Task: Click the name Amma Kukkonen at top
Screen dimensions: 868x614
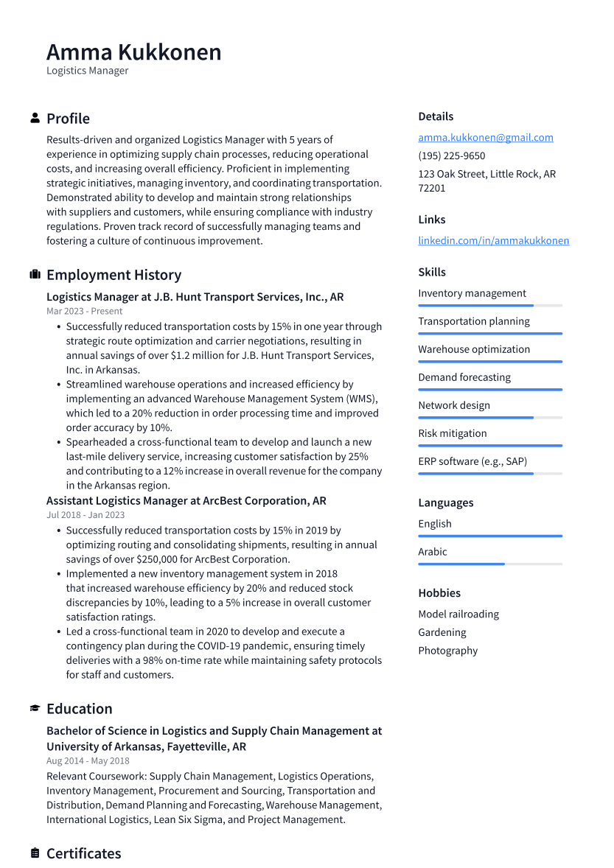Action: pyautogui.click(x=133, y=52)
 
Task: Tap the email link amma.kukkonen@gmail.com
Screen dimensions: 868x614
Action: pyautogui.click(x=485, y=138)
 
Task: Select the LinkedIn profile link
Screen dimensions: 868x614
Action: pyautogui.click(x=493, y=241)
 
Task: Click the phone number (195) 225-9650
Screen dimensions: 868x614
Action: pyautogui.click(x=451, y=156)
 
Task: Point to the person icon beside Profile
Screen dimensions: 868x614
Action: pyautogui.click(x=35, y=119)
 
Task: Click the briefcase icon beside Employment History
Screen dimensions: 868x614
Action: pyautogui.click(x=35, y=275)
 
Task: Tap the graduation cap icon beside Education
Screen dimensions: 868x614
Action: pyautogui.click(x=35, y=709)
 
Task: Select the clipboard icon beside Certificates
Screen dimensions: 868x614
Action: pyautogui.click(x=35, y=853)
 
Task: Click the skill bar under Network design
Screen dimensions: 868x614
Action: pyautogui.click(x=489, y=418)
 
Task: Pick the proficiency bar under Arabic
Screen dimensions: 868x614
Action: pyautogui.click(x=489, y=564)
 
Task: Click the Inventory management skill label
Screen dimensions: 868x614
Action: pyautogui.click(x=472, y=293)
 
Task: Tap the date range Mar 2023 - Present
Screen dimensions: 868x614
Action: pyautogui.click(x=84, y=312)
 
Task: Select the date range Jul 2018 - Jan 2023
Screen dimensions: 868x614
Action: pyautogui.click(x=86, y=515)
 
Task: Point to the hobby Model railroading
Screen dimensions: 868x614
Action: pyautogui.click(x=458, y=615)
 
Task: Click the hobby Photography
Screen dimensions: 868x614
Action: pyautogui.click(x=447, y=651)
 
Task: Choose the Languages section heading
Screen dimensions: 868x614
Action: pyautogui.click(x=445, y=503)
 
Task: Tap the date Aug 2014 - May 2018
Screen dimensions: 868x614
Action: pyautogui.click(x=88, y=761)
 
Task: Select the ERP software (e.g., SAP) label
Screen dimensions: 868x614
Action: pyautogui.click(x=472, y=461)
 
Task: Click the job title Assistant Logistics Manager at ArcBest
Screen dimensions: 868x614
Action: pyautogui.click(x=186, y=501)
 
